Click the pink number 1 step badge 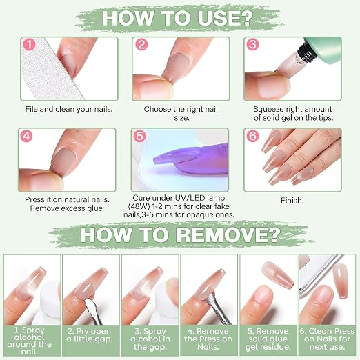(30, 45)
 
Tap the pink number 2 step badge (141, 45)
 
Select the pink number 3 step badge (252, 45)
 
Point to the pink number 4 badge (27, 136)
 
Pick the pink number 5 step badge (140, 136)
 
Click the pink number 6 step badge (252, 136)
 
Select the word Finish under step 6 (292, 201)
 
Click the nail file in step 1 (50, 69)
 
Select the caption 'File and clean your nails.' (69, 109)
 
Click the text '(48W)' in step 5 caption (139, 206)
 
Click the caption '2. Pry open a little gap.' (90, 335)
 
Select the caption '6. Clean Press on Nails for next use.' (327, 339)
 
